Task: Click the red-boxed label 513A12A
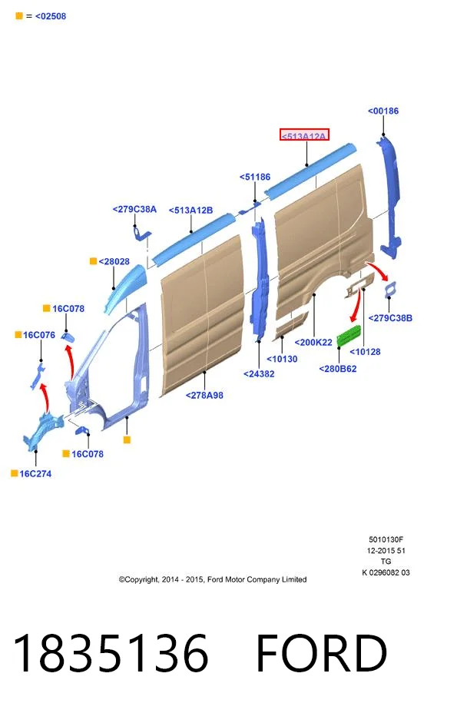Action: (304, 135)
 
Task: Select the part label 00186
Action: (382, 111)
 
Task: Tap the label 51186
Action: (255, 177)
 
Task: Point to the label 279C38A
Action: (134, 209)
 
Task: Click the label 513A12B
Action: (190, 211)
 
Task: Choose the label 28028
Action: (114, 261)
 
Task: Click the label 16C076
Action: (39, 335)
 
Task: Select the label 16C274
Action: (35, 474)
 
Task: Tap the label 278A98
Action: (204, 396)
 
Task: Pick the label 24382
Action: (259, 374)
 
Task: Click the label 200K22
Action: (313, 343)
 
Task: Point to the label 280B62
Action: (338, 369)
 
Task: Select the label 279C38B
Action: (390, 318)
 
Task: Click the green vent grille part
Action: (349, 336)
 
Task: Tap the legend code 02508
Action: (51, 16)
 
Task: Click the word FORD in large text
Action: (322, 653)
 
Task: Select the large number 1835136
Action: (111, 653)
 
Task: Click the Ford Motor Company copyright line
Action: (212, 580)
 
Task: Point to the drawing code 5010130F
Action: (386, 540)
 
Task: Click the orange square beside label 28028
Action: (93, 261)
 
